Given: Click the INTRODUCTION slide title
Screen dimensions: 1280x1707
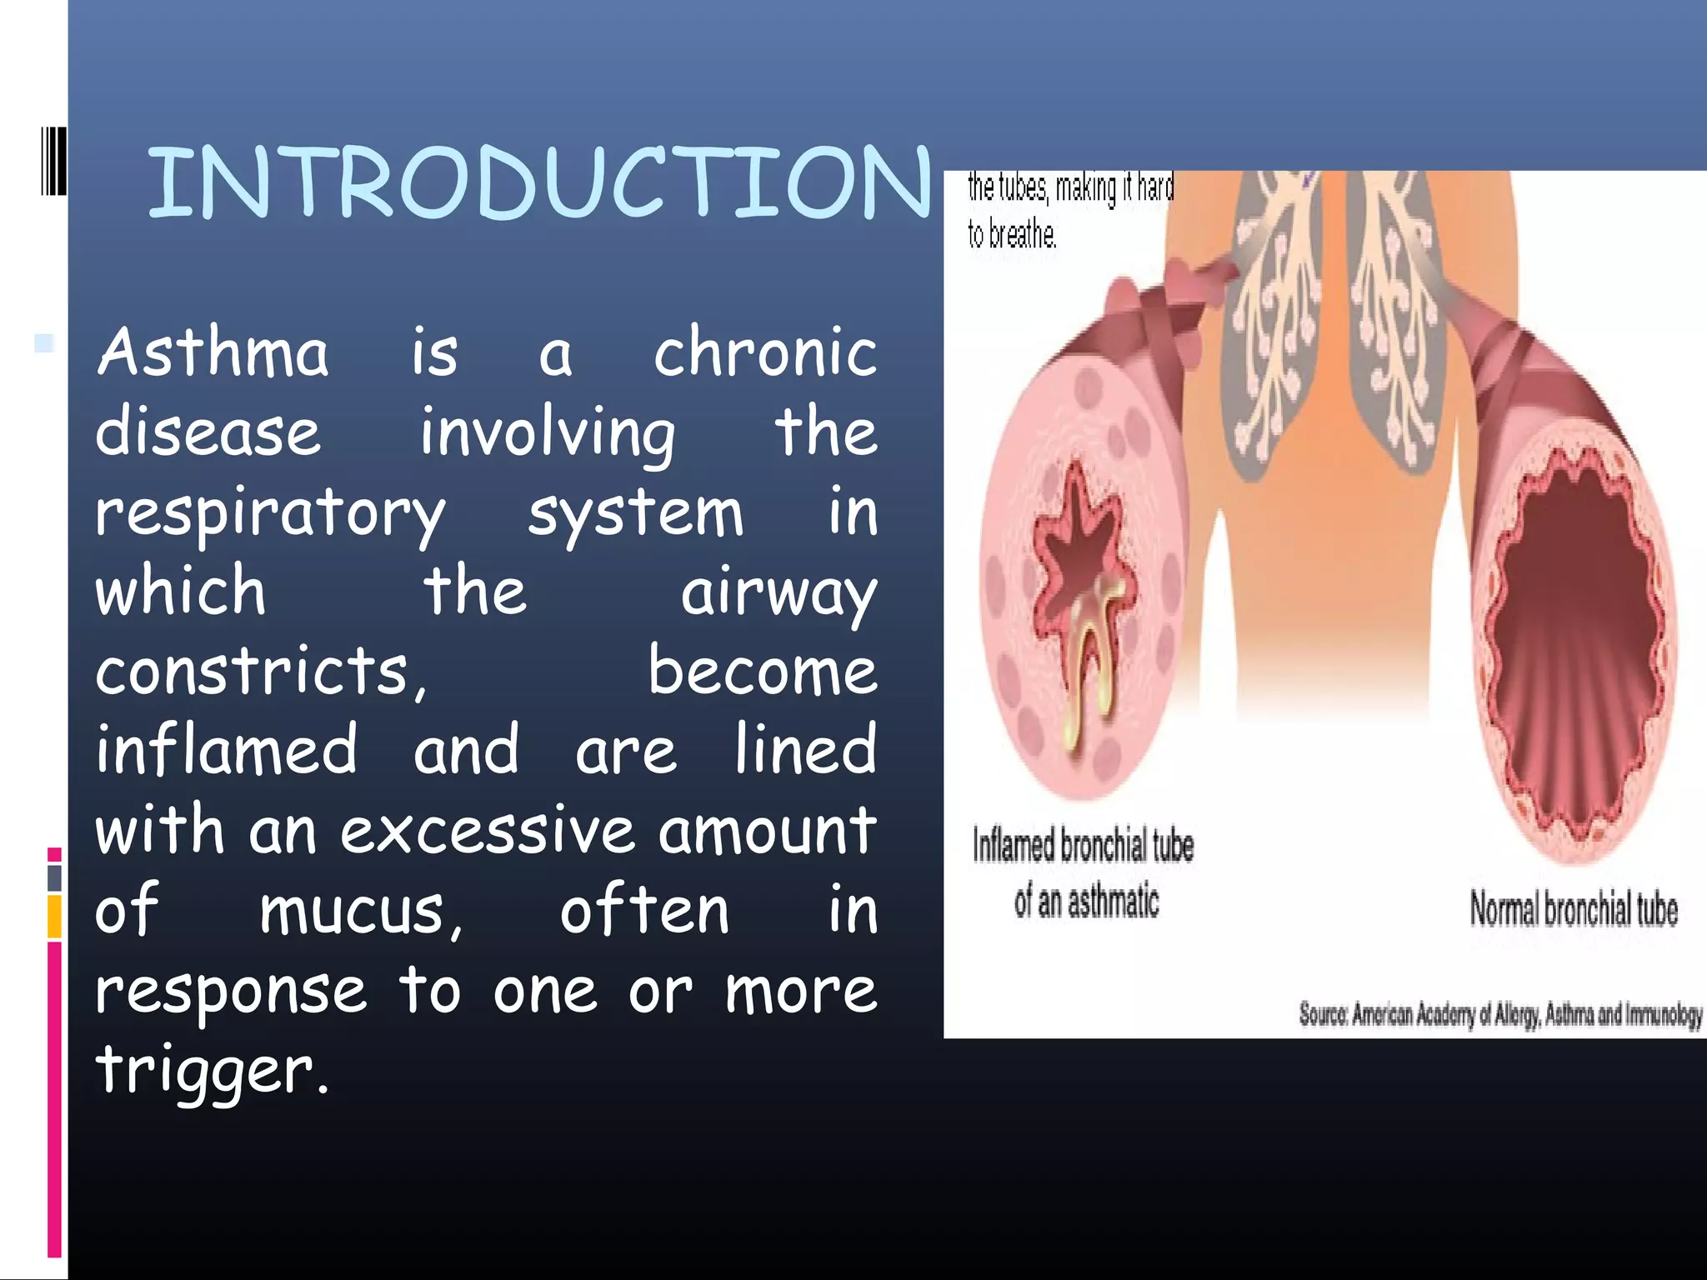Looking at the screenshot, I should tap(538, 182).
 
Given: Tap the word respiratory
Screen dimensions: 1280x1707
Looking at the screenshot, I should tap(270, 515).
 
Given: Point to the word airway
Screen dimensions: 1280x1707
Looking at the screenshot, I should tap(778, 593).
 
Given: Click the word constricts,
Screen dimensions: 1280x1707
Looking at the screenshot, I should tap(261, 672).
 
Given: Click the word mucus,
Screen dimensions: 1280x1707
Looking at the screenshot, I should tap(361, 911).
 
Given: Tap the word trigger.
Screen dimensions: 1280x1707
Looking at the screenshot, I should tap(212, 1070).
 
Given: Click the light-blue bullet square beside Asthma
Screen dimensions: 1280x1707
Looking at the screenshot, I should tap(44, 342).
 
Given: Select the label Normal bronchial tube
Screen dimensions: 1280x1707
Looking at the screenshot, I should tap(1573, 909).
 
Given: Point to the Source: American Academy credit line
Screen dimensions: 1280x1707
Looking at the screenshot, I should tap(1500, 1014).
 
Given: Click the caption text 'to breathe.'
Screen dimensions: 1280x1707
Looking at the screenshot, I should tap(1012, 235).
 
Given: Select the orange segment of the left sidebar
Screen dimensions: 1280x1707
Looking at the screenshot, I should tap(54, 916).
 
